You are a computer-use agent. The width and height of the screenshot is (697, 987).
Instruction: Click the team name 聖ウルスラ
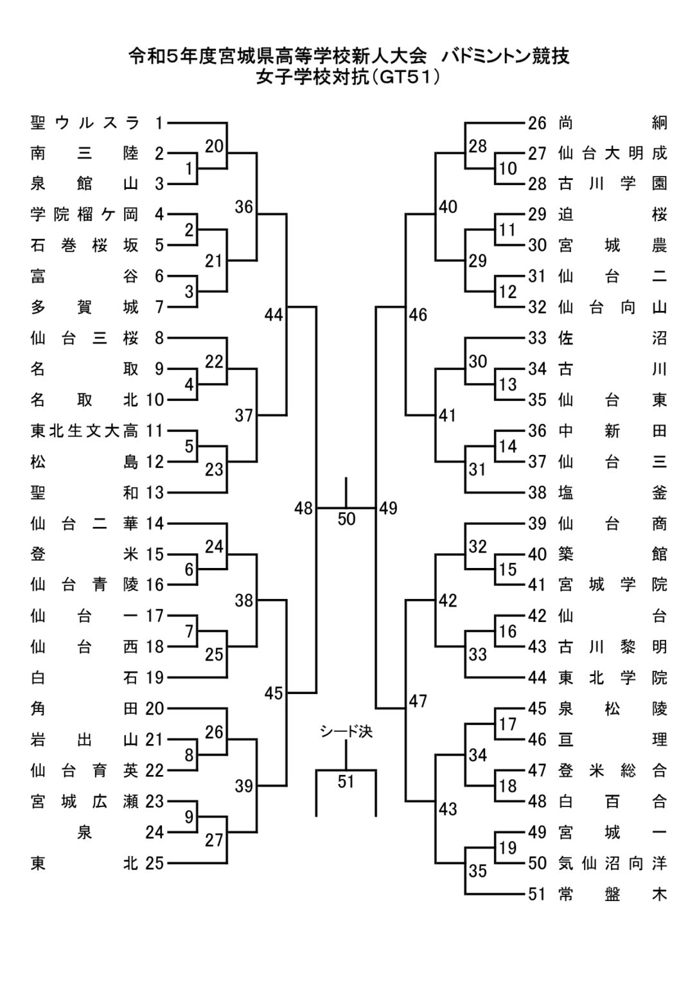84,122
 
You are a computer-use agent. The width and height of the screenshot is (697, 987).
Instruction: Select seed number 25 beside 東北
154,864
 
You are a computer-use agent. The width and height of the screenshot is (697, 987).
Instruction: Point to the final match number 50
346,519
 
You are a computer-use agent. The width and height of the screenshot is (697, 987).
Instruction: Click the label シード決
346,731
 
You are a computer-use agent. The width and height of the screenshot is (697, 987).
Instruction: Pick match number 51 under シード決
346,781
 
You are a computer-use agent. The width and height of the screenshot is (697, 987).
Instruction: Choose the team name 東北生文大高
84,431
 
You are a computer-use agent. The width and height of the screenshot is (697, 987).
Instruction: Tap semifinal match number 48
303,508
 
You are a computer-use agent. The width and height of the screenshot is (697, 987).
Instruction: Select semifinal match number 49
389,508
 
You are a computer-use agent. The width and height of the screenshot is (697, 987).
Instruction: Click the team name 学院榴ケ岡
84,215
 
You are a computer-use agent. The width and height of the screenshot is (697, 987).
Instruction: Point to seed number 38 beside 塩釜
537,493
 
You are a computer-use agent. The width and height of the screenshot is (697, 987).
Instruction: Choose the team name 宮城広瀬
84,802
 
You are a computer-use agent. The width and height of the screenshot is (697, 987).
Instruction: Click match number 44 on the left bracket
274,315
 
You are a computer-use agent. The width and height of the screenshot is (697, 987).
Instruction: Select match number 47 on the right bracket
418,701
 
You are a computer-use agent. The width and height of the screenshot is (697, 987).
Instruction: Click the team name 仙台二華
84,524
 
